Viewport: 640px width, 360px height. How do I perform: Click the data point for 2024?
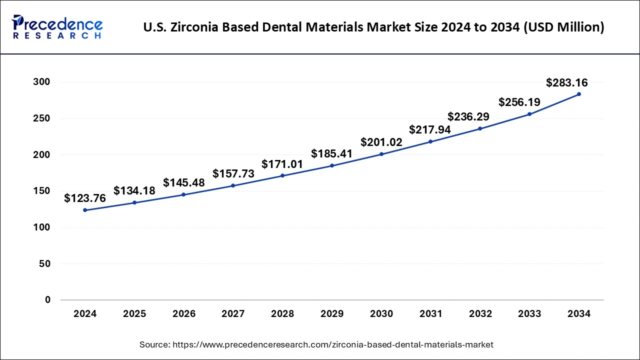pos(85,210)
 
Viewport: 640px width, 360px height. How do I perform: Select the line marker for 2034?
pos(579,94)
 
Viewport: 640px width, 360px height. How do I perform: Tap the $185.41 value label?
pos(331,153)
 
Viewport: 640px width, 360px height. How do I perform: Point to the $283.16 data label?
pos(566,82)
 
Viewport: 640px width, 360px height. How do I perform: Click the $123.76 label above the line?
pos(85,198)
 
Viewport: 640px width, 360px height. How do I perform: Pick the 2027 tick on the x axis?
pos(233,314)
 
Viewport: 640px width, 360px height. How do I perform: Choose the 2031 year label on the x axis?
pos(430,314)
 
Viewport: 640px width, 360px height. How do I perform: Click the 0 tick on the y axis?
pos(47,300)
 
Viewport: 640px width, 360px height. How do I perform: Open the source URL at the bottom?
pos(332,344)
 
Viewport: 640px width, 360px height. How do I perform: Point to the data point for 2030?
pos(381,154)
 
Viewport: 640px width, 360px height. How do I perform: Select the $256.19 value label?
pos(519,102)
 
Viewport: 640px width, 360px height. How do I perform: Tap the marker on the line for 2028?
pos(282,175)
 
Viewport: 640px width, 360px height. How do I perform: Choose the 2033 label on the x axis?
pos(529,314)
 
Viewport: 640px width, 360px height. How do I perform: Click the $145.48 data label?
pos(184,183)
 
